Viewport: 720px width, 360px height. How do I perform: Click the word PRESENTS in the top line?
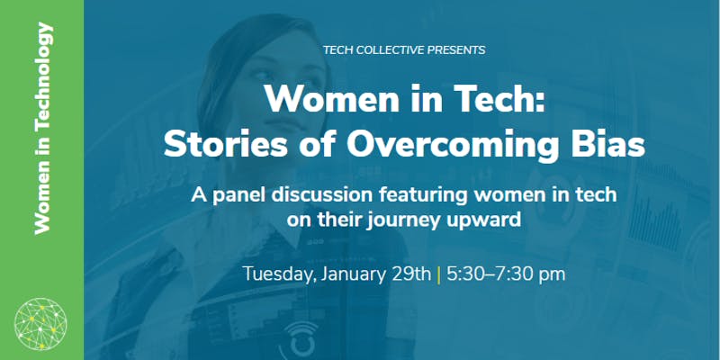[456, 50]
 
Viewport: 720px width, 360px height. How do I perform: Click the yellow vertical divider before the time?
[439, 274]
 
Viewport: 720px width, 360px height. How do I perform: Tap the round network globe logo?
[40, 324]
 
